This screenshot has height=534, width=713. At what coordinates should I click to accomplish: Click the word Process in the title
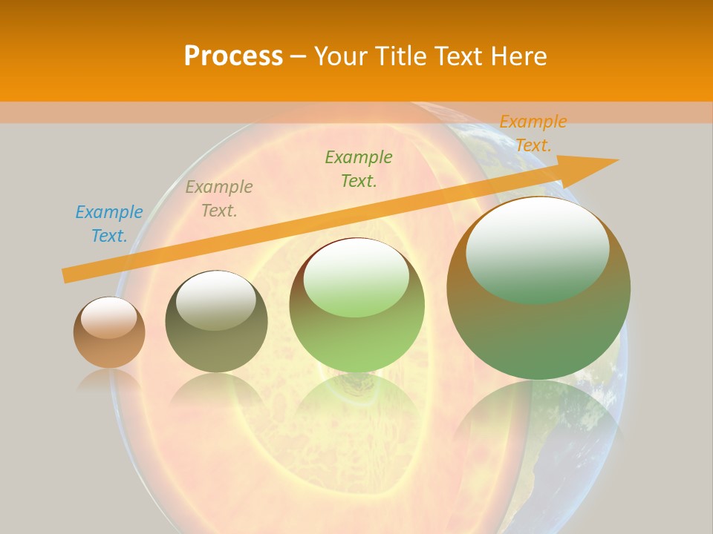(233, 56)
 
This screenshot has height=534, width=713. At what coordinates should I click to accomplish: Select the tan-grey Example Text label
(219, 199)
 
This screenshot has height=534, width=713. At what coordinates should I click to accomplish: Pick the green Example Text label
(359, 169)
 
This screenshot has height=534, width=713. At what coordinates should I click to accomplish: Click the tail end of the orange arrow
(66, 275)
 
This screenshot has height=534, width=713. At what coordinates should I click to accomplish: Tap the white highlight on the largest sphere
(537, 237)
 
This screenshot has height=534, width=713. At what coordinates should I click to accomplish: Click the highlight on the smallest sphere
(109, 317)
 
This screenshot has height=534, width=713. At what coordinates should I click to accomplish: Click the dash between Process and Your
(299, 56)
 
